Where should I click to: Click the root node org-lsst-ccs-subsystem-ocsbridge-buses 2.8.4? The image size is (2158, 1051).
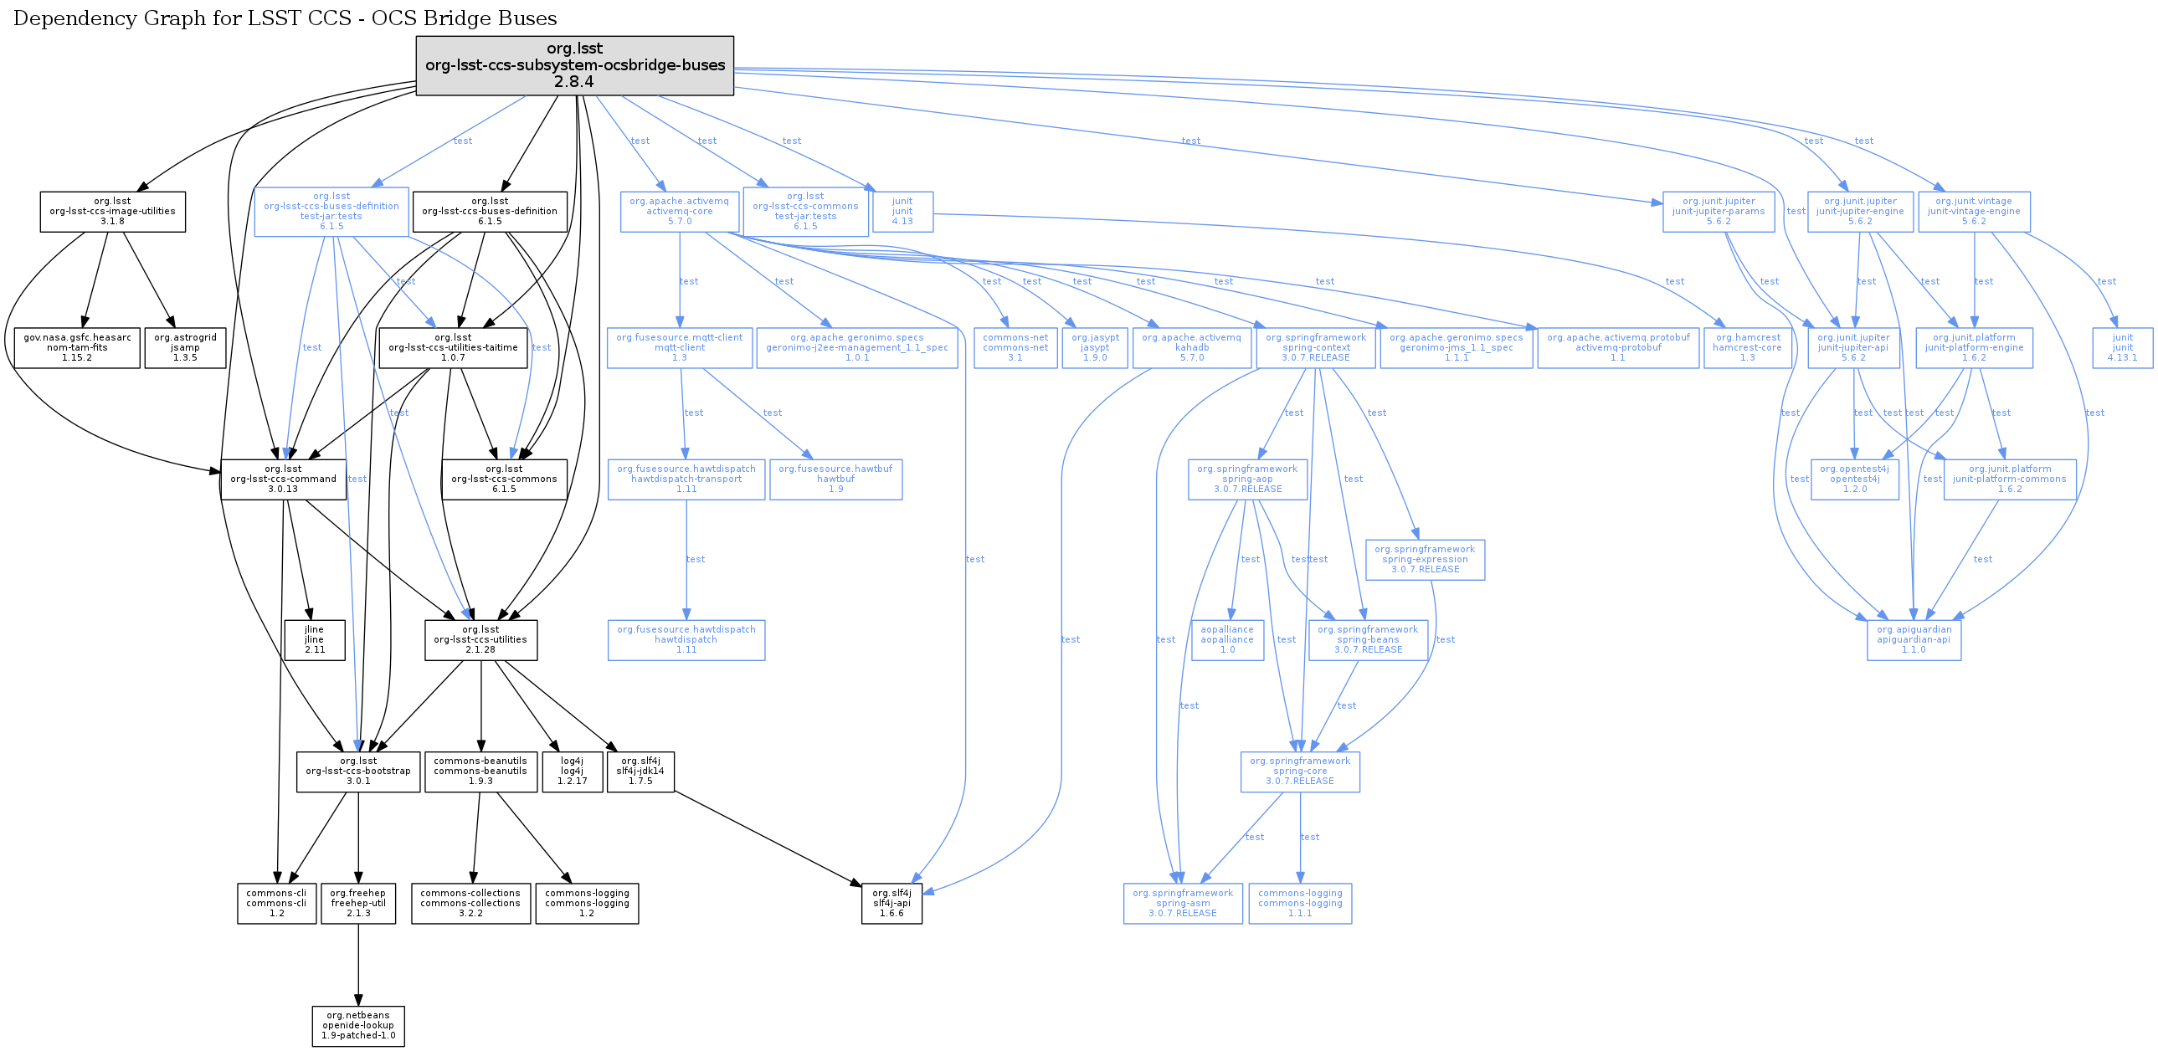coord(575,65)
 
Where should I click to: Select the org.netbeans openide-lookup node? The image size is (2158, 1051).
coord(357,1025)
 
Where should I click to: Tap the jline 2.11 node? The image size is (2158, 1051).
coord(314,640)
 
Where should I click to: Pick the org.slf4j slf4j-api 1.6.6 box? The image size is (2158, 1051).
coord(891,903)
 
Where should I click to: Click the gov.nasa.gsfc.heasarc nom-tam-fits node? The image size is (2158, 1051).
coord(77,347)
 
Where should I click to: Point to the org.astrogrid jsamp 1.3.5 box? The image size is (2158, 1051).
coord(185,347)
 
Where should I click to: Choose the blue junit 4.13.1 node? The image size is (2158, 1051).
coord(2122,347)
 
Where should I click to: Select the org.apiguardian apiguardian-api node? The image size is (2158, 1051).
coord(1914,640)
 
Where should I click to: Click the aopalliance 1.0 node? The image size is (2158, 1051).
coord(1227,640)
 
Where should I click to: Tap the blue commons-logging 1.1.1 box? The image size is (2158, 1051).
coord(1299,903)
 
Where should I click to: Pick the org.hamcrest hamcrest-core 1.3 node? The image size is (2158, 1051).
coord(1747,347)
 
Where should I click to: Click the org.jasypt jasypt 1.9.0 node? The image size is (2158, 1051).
coord(1094,347)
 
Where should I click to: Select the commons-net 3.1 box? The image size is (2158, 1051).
coord(1015,347)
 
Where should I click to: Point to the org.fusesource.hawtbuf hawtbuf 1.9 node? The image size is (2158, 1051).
coord(835,479)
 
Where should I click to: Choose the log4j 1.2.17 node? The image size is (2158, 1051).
coord(573,772)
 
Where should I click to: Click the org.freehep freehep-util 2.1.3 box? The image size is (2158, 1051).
coord(357,903)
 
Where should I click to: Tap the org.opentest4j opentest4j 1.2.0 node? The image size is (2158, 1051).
coord(1854,479)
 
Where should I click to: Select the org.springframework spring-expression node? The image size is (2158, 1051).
coord(1424,560)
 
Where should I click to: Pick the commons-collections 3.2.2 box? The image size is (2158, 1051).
coord(470,903)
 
